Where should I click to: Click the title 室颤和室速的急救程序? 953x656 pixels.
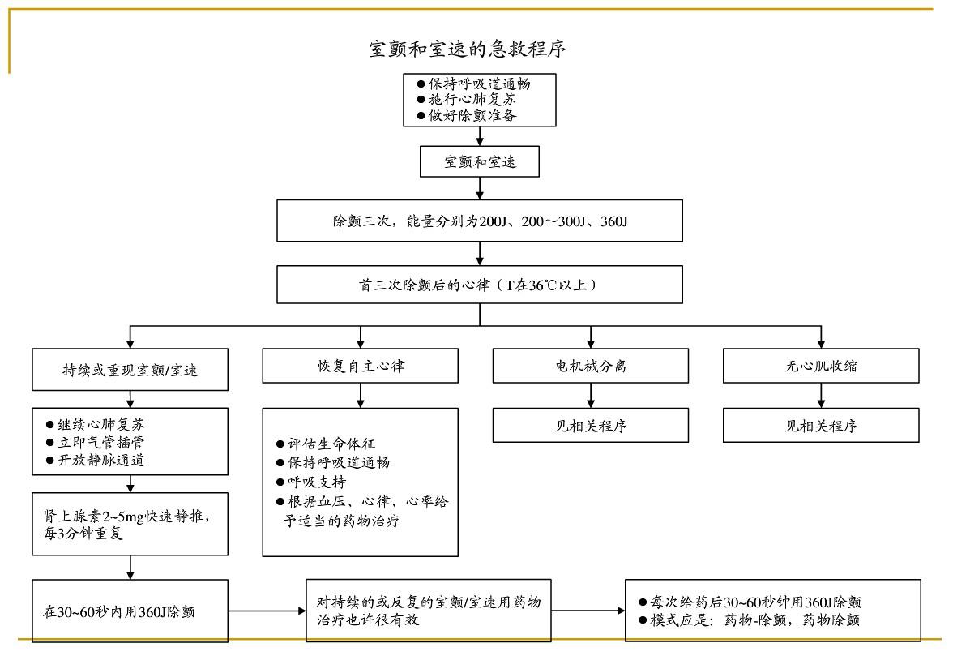click(467, 49)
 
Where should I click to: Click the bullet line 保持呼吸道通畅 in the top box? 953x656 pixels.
click(480, 84)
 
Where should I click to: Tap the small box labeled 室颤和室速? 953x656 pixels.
click(480, 161)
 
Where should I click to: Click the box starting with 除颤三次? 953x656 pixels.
click(480, 221)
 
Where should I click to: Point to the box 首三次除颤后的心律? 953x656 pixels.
click(480, 285)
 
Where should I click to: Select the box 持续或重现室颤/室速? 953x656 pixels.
click(130, 370)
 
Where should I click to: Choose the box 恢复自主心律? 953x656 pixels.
click(361, 366)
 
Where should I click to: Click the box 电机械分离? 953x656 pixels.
click(591, 366)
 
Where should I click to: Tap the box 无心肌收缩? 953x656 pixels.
click(821, 366)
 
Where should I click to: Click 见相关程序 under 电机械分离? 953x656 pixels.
click(591, 426)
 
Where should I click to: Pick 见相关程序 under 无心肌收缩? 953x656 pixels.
click(821, 426)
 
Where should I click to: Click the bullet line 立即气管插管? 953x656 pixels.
click(101, 443)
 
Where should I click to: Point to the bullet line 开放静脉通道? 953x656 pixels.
click(101, 461)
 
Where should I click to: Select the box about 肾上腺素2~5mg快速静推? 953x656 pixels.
click(130, 525)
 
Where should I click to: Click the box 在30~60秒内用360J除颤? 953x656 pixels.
click(130, 611)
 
